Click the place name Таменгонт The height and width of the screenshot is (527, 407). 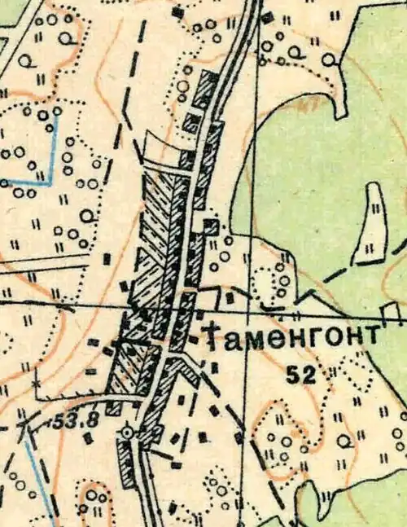(291, 336)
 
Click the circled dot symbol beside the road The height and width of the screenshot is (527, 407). (126, 432)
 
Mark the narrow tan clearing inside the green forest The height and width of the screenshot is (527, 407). (373, 220)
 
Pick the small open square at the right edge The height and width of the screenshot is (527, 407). (392, 312)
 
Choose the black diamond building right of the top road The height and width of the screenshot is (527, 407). (268, 16)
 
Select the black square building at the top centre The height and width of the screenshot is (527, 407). (178, 13)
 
